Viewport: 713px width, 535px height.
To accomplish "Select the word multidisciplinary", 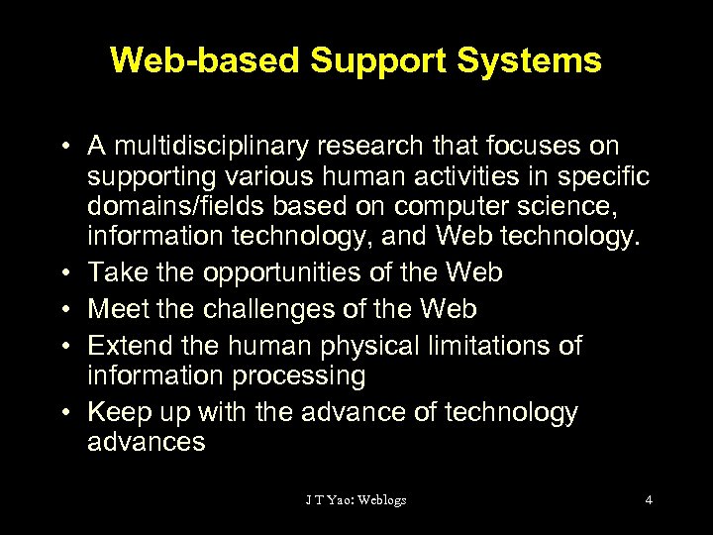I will click(193, 147).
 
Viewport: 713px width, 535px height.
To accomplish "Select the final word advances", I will click(147, 442).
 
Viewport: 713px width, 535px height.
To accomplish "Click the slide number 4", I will click(649, 499).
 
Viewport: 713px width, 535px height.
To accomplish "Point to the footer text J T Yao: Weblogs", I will click(356, 499).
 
